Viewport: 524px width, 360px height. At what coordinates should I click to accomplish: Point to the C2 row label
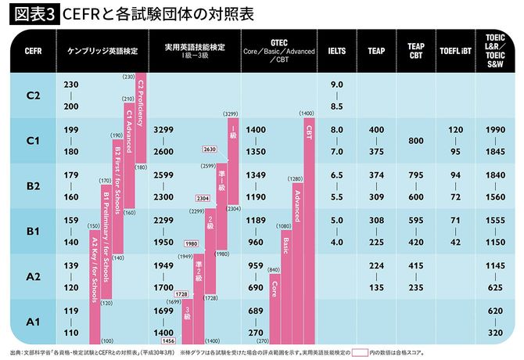33,95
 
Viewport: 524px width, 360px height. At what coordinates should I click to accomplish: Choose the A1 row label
33,322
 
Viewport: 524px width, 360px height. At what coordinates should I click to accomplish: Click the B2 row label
33,186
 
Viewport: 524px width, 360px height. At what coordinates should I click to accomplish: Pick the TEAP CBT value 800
416,141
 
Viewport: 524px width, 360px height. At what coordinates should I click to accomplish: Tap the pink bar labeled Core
274,305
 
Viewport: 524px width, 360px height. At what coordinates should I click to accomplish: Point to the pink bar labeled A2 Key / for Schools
94,290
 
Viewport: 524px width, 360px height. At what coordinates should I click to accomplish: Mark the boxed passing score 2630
209,149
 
